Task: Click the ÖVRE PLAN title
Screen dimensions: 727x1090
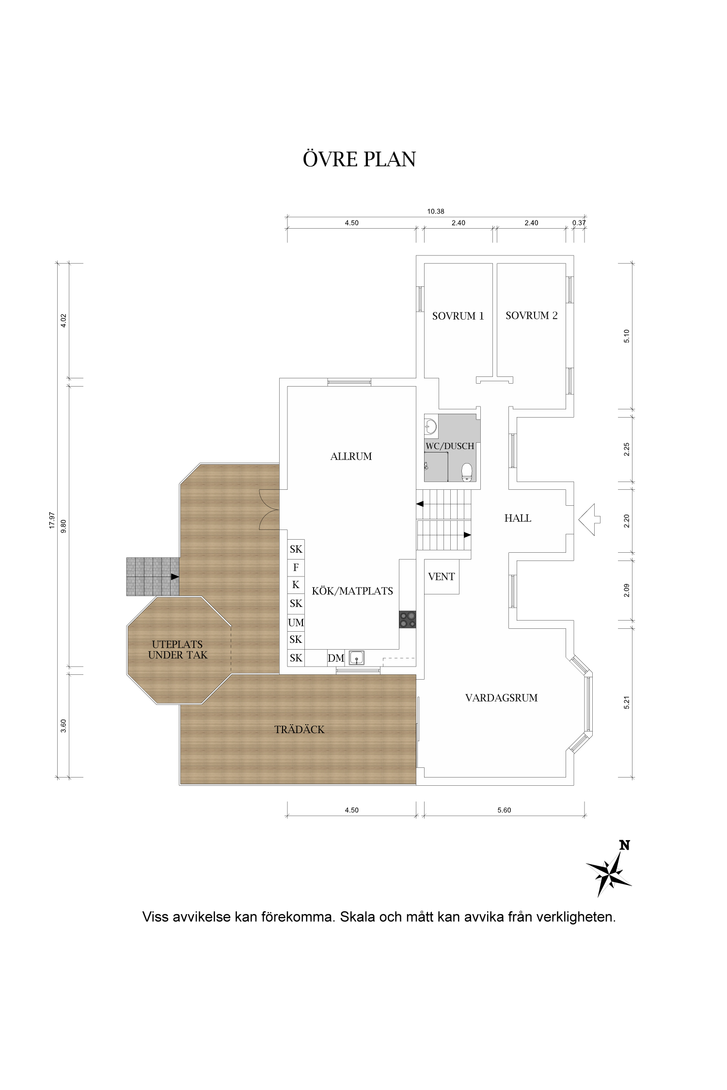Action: click(359, 159)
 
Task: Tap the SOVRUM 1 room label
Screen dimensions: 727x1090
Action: click(458, 316)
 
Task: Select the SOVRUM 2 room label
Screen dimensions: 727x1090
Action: click(532, 315)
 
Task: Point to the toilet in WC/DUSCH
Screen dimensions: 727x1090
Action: click(467, 471)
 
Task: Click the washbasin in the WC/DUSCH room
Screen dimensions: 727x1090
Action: click(430, 426)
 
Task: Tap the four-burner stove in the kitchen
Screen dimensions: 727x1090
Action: click(408, 620)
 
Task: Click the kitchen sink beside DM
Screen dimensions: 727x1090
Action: click(356, 657)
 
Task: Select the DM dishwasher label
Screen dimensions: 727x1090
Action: click(336, 658)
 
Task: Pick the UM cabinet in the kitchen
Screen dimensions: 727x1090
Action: click(296, 622)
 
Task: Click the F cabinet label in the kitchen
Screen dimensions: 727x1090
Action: click(296, 567)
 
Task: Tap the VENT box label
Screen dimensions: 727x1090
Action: click(442, 576)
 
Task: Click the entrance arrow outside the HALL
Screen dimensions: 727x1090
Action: click(589, 520)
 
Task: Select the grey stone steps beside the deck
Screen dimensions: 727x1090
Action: click(153, 576)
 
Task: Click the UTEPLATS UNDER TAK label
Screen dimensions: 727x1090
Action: click(178, 650)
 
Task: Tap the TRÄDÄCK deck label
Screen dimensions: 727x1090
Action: click(300, 729)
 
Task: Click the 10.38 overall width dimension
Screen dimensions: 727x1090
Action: click(436, 211)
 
